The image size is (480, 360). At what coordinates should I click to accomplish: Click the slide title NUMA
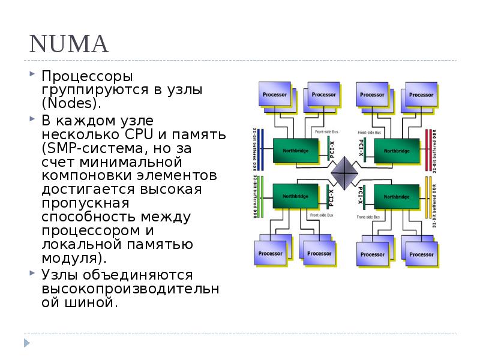point(68,44)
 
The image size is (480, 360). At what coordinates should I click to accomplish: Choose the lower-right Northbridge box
point(396,196)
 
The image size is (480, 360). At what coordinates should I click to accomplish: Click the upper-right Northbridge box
point(396,150)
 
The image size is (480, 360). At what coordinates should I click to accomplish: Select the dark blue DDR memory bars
point(260,150)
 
